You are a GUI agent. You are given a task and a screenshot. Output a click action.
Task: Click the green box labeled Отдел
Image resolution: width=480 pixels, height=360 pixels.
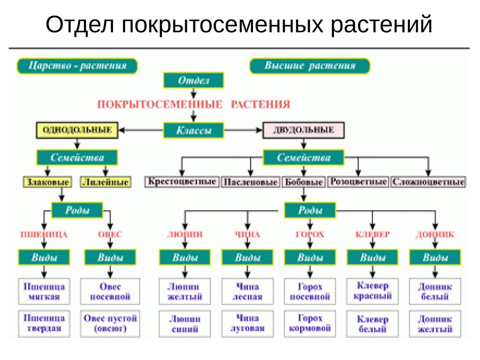click(194, 81)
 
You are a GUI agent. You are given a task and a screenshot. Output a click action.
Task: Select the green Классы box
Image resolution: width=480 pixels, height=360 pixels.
click(194, 130)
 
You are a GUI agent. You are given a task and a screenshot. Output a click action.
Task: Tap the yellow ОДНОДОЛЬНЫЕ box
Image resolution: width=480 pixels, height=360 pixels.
click(76, 130)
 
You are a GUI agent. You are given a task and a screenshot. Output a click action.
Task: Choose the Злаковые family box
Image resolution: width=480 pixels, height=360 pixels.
click(47, 182)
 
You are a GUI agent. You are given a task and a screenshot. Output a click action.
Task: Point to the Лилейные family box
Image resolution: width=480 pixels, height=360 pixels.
click(105, 182)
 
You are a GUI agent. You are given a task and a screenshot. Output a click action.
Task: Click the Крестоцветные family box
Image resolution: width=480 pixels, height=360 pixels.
click(181, 182)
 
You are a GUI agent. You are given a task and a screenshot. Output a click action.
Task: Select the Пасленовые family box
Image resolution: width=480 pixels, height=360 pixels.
click(250, 182)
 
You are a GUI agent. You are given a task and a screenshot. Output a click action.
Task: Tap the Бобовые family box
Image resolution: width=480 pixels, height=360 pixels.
click(303, 182)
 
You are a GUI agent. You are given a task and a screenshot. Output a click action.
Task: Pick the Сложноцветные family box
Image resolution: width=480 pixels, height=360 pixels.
click(428, 182)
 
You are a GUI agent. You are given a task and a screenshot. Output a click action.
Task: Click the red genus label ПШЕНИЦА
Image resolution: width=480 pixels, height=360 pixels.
click(43, 234)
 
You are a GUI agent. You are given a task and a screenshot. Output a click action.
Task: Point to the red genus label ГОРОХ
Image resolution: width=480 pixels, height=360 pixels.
click(310, 234)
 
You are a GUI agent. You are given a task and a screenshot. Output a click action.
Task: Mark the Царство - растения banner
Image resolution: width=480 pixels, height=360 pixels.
click(77, 66)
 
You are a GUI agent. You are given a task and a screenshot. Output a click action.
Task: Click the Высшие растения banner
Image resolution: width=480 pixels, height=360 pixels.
click(310, 66)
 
